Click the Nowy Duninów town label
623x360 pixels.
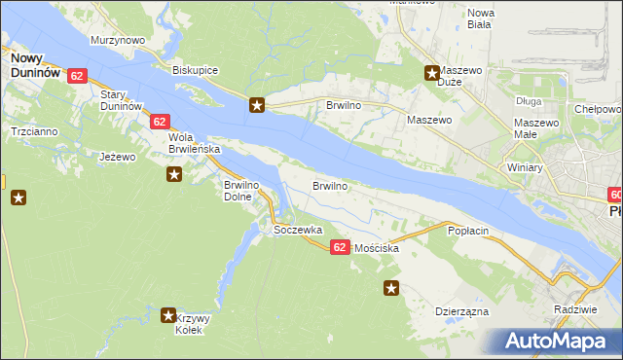[x=34, y=65]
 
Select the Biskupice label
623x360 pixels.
[x=195, y=71]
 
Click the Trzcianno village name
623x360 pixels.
[x=34, y=130]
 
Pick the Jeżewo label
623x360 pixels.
[x=117, y=156]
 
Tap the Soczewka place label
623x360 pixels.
[x=298, y=230]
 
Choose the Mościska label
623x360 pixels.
[x=377, y=249]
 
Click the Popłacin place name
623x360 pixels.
[x=467, y=232]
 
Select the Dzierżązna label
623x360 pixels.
[x=461, y=312]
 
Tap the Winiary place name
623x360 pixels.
[x=524, y=167]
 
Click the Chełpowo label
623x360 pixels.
[x=598, y=110]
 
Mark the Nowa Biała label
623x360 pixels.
[x=481, y=18]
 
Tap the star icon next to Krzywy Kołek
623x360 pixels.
[x=167, y=315]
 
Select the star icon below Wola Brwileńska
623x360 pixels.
[x=174, y=174]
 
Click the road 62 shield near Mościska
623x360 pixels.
[x=339, y=248]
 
